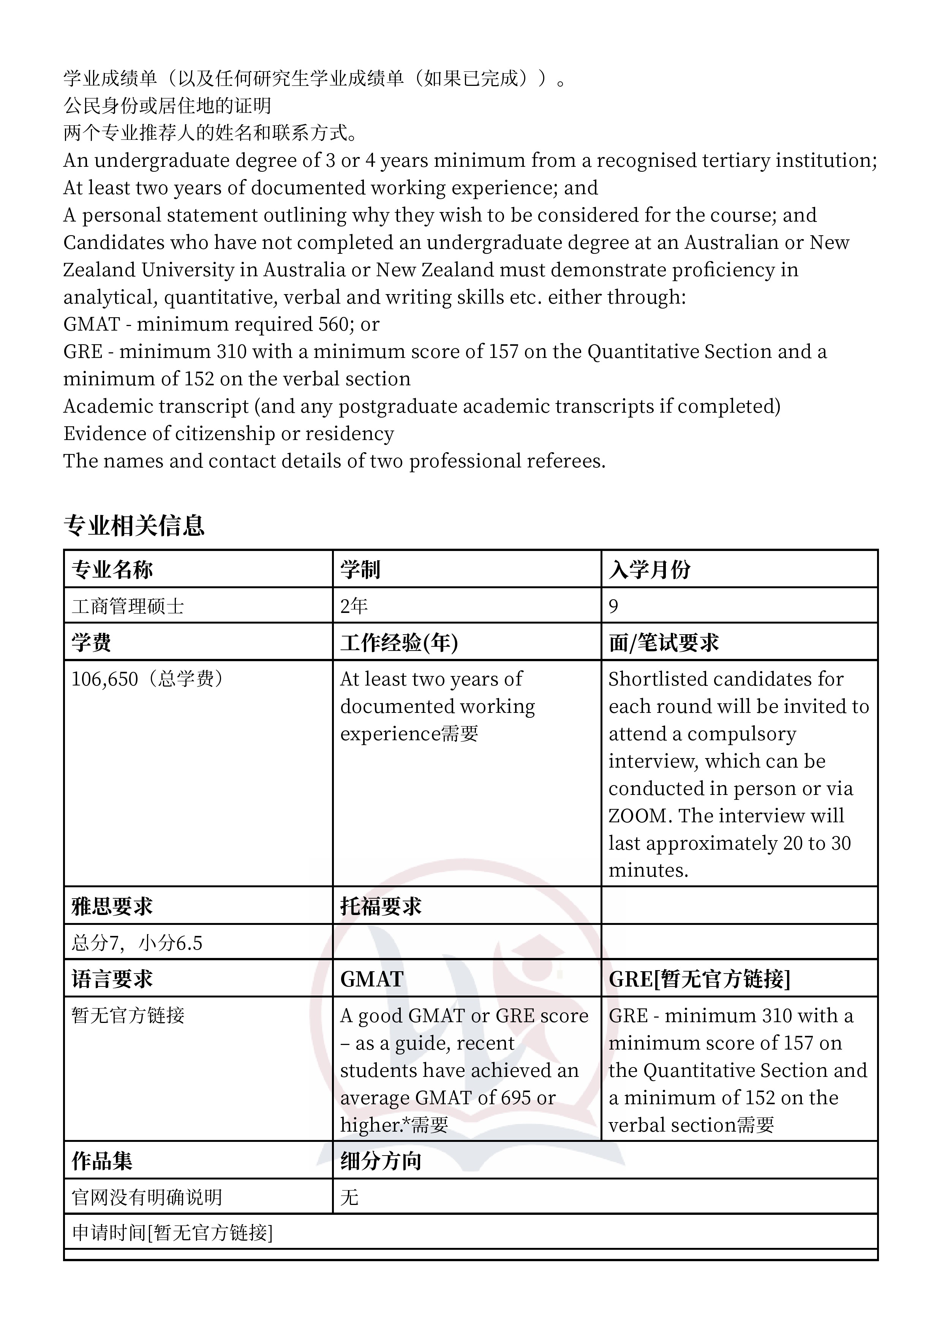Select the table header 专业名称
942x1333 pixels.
click(112, 570)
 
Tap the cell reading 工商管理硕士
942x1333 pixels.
click(128, 606)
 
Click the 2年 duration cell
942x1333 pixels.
click(354, 606)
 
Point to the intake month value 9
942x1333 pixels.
click(613, 606)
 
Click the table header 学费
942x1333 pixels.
click(91, 643)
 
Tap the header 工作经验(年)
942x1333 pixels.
click(399, 643)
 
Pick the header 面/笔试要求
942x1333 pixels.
click(664, 643)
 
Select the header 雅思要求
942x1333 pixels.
click(112, 906)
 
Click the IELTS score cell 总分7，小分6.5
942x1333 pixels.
click(137, 943)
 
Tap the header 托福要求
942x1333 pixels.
click(381, 906)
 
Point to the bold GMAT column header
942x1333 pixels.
click(371, 980)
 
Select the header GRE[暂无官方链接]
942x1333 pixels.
click(699, 980)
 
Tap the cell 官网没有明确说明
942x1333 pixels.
click(147, 1197)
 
